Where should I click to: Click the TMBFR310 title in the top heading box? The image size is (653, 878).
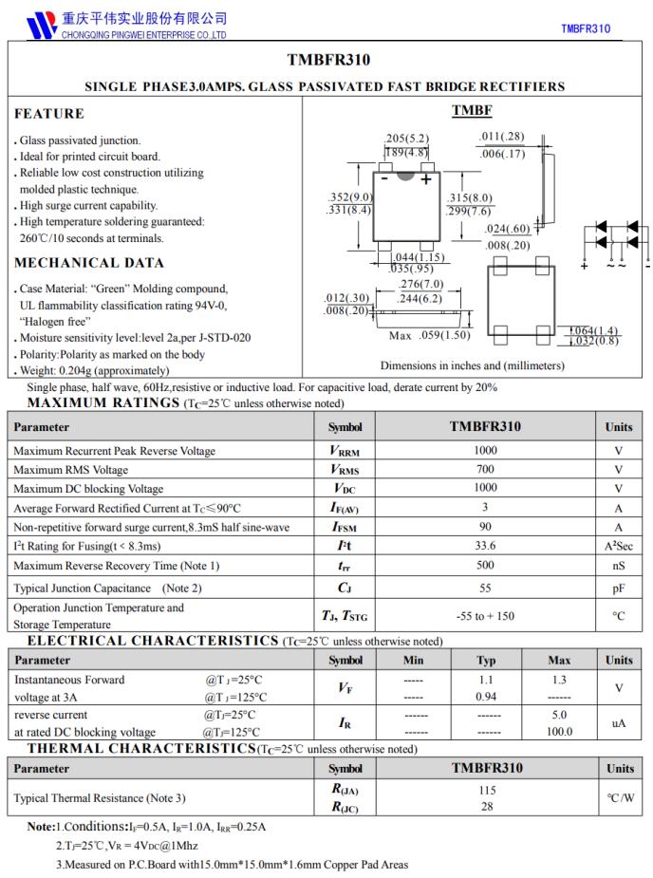tap(327, 60)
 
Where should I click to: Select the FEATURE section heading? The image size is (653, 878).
tap(49, 114)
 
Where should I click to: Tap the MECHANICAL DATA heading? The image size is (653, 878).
tap(89, 263)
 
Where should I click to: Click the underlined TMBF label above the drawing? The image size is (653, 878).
tap(472, 111)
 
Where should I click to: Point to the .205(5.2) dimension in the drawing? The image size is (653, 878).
tap(406, 138)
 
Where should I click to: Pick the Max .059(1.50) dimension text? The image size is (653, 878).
tap(430, 335)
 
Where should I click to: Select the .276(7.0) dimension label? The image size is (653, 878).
tap(420, 285)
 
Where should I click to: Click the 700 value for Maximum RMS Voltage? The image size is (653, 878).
tap(485, 470)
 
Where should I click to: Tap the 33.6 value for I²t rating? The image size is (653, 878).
tap(485, 546)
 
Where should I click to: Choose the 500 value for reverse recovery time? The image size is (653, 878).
tap(485, 566)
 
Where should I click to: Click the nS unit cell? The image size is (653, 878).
tap(619, 566)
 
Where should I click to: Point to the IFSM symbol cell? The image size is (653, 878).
tap(345, 527)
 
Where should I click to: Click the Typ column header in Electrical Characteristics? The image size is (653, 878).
tap(486, 660)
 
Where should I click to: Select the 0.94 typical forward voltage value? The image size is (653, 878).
tap(486, 696)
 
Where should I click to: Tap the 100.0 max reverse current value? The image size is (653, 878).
tap(559, 732)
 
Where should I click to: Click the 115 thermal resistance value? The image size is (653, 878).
tap(485, 790)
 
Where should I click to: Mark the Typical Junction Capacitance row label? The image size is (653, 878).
tap(107, 588)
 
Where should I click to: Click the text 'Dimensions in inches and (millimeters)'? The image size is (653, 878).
tap(472, 365)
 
